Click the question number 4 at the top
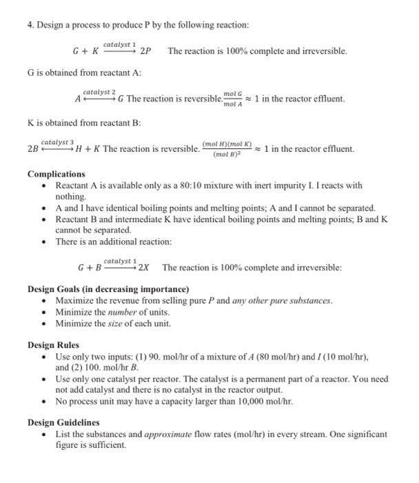pos(30,26)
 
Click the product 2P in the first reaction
pos(146,52)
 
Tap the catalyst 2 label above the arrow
pos(99,91)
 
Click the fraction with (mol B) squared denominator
pos(227,149)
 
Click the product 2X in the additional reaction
pos(145,268)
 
